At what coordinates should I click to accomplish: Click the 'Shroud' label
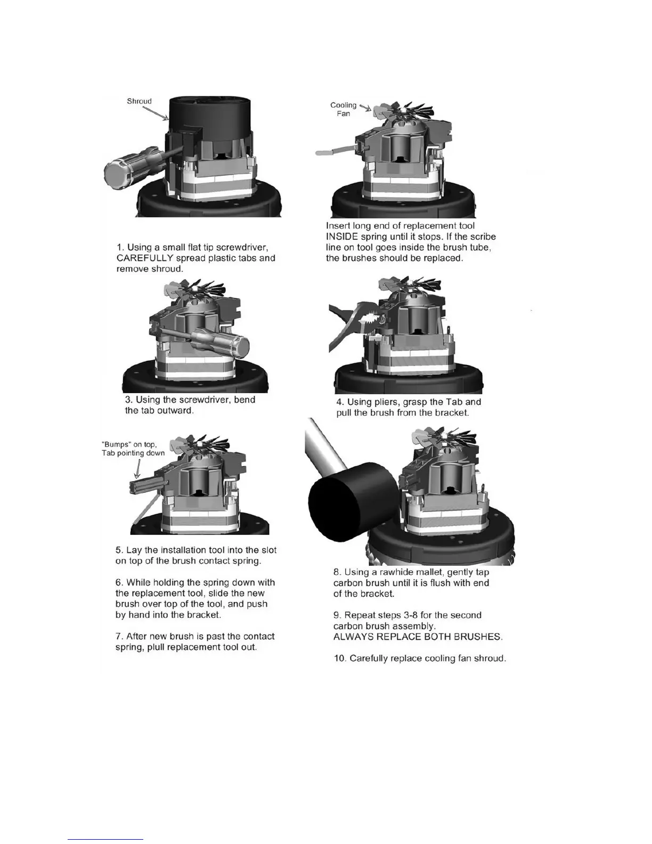pyautogui.click(x=139, y=101)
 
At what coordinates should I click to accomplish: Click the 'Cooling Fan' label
pyautogui.click(x=344, y=109)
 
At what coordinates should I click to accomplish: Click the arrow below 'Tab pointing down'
pyautogui.click(x=138, y=469)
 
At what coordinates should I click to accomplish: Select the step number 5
pyautogui.click(x=119, y=550)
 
